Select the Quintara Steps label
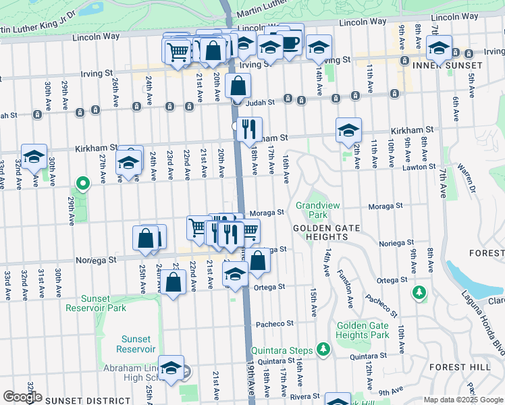tap(282, 350)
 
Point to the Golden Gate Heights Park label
tap(363, 330)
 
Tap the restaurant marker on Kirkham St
tap(249, 128)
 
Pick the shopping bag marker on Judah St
tap(238, 85)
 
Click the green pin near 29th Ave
tap(82, 183)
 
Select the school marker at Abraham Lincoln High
tap(171, 368)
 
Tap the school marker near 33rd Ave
tap(34, 157)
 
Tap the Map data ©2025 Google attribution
tap(462, 400)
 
